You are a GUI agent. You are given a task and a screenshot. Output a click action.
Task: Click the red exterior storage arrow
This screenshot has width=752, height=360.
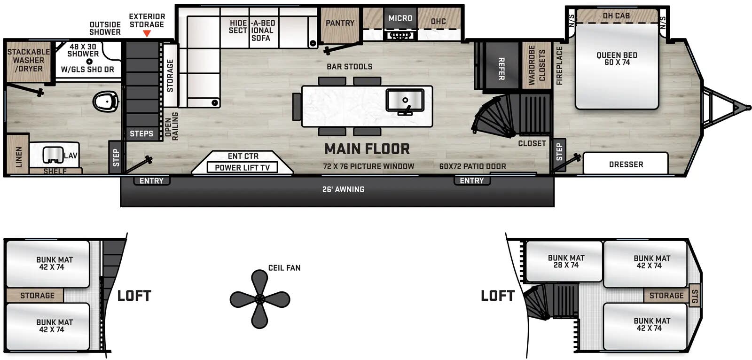click(147, 33)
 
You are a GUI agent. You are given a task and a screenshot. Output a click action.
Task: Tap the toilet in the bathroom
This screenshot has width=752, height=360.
click(105, 101)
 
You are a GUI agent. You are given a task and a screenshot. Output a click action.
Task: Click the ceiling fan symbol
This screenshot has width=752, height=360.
click(259, 299)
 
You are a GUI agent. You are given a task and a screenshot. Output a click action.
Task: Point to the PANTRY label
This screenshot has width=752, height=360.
click(340, 23)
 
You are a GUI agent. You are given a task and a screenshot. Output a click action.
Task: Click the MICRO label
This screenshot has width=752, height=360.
click(400, 18)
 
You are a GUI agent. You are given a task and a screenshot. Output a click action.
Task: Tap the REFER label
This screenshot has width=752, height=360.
click(501, 69)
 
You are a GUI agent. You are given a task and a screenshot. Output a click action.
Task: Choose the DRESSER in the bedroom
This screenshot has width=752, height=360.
click(626, 164)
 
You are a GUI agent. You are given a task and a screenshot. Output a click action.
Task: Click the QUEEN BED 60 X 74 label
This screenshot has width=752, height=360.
click(617, 59)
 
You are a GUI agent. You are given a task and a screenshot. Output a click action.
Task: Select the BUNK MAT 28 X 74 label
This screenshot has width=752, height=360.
click(566, 261)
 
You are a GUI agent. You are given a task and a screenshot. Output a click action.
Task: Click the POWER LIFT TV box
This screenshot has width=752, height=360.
click(242, 168)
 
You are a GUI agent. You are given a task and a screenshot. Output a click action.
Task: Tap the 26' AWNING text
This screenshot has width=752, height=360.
click(343, 189)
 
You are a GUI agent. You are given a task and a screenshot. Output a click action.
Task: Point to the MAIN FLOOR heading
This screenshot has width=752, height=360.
click(367, 149)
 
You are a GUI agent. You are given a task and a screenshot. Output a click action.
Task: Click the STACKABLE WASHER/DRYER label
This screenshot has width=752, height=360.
click(28, 60)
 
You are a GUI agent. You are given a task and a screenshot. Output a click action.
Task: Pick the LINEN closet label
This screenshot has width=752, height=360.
click(19, 157)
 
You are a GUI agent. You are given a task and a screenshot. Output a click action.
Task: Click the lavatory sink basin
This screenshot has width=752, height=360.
click(53, 155)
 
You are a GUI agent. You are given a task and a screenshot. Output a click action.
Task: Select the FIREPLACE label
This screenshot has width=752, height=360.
click(559, 65)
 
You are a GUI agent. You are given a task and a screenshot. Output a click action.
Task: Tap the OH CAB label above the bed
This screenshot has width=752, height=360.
click(616, 16)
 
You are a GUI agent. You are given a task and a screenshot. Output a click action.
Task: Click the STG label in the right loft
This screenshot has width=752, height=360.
click(695, 296)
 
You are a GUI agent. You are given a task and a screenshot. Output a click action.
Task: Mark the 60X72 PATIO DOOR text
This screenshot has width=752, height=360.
click(472, 166)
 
